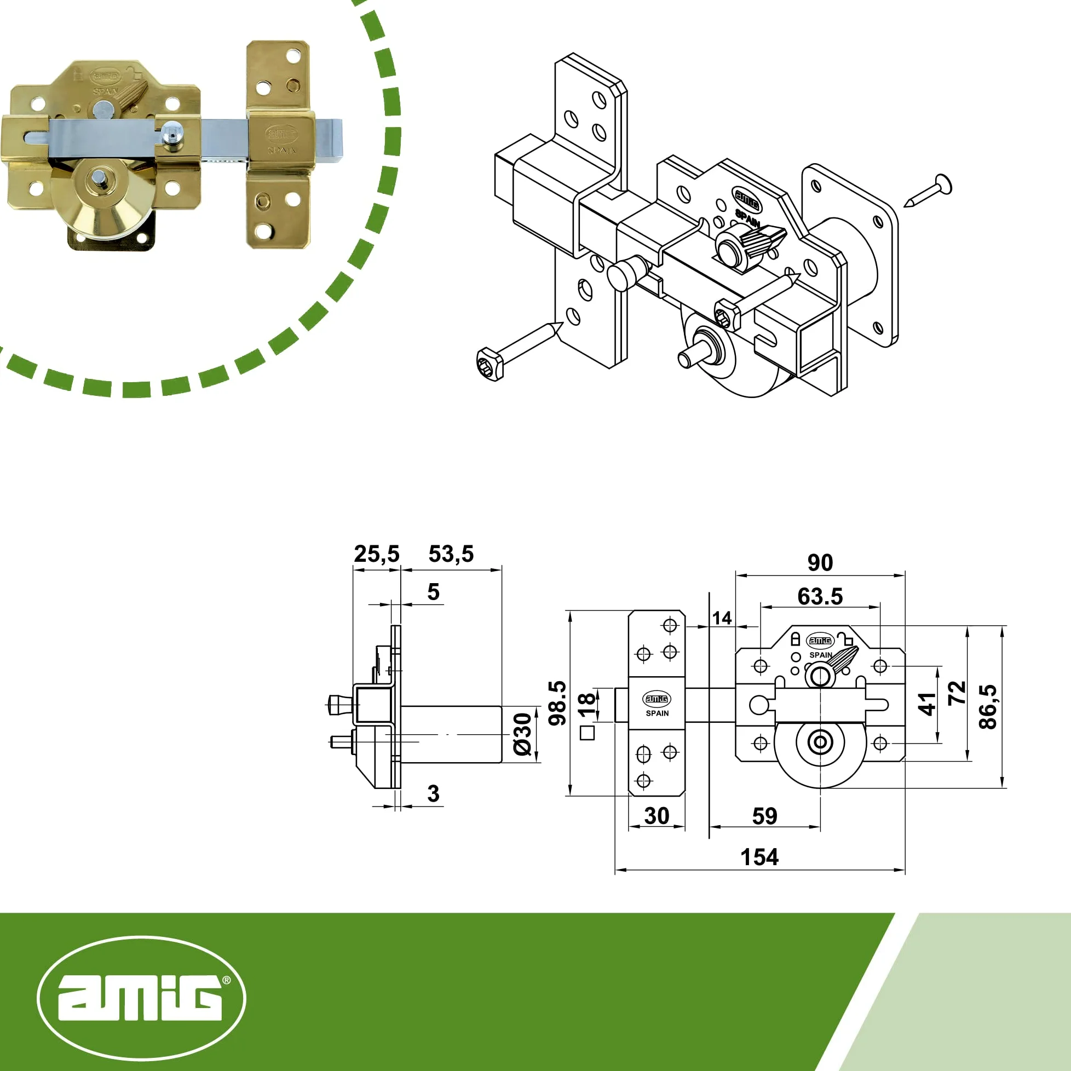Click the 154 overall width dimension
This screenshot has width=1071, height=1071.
[x=759, y=857]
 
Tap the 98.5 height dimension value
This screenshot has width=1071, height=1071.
[x=557, y=703]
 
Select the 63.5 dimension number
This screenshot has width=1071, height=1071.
[x=820, y=596]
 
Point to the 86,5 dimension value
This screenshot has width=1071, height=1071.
[x=988, y=707]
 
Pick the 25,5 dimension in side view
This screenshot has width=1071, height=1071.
[x=376, y=554]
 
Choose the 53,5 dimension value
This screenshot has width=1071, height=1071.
[x=451, y=554]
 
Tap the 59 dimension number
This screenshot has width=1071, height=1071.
[x=764, y=816]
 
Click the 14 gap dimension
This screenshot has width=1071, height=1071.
[x=722, y=618]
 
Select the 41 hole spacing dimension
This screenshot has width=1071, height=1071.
[x=927, y=704]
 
